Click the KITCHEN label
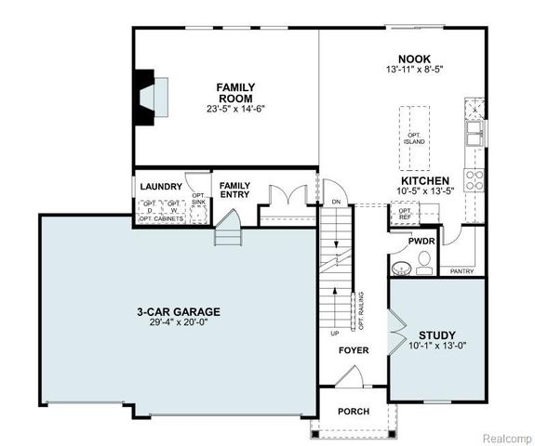[425, 180]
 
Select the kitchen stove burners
[475, 179]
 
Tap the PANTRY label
[461, 271]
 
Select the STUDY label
[436, 334]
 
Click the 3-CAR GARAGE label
[176, 311]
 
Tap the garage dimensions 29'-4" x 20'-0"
[176, 322]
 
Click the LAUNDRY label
[161, 187]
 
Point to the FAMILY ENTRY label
[234, 190]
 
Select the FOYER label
[354, 351]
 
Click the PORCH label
[354, 412]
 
